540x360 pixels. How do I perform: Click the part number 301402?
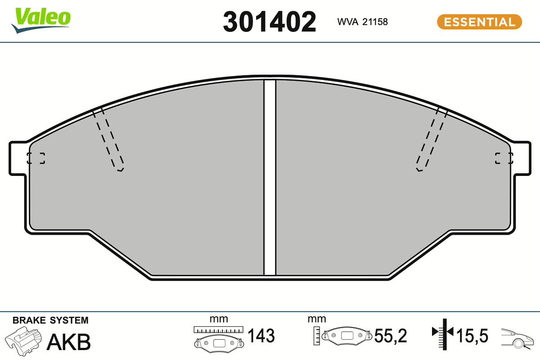(x=269, y=22)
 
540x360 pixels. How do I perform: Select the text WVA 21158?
(x=362, y=22)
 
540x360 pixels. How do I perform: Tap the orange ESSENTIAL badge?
(x=479, y=22)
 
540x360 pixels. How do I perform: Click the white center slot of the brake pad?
(x=270, y=178)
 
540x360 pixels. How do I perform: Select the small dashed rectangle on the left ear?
(x=36, y=158)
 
